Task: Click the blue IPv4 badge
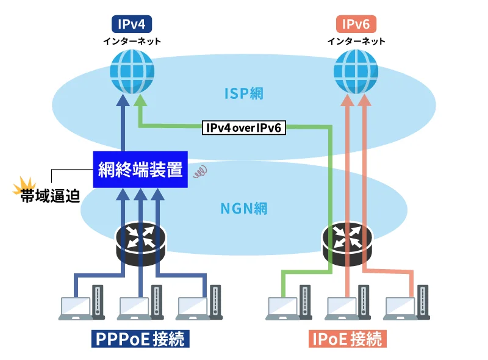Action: click(x=131, y=24)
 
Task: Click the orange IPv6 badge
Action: click(x=356, y=24)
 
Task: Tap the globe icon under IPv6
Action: click(x=356, y=71)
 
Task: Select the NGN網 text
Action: click(x=244, y=208)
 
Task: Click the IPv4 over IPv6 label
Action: click(x=243, y=128)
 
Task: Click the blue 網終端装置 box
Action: click(x=140, y=170)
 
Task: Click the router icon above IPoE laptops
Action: click(x=346, y=241)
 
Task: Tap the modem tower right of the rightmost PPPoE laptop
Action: click(x=215, y=303)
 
